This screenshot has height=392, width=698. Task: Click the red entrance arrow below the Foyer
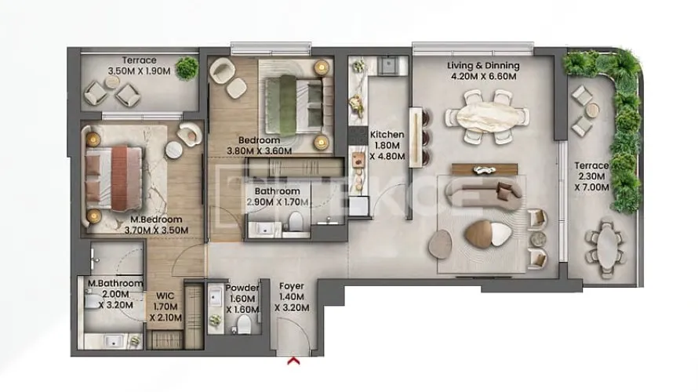[x=293, y=361]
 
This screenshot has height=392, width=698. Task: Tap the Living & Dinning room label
[x=483, y=66]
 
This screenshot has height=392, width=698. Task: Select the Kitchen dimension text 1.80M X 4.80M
[x=387, y=151]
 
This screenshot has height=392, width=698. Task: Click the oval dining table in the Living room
[x=487, y=118]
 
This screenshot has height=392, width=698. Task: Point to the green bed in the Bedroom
[x=295, y=105]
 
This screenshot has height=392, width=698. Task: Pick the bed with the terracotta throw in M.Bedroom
[x=115, y=178]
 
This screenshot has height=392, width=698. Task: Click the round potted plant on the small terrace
[x=187, y=68]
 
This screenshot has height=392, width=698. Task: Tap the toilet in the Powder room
[x=243, y=325]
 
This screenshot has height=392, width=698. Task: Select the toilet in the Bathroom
[x=295, y=221]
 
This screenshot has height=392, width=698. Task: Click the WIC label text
[x=165, y=296]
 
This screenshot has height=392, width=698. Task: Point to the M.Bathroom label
[x=115, y=283]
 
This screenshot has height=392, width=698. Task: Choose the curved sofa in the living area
[x=483, y=194]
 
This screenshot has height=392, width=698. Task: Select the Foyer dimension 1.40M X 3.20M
[x=292, y=302]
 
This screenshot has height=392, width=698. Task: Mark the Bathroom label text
[x=278, y=191]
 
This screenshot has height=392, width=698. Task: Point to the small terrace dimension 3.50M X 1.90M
[x=139, y=71]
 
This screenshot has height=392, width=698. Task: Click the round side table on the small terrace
[x=112, y=82]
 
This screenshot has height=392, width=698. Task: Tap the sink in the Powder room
[x=216, y=296]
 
